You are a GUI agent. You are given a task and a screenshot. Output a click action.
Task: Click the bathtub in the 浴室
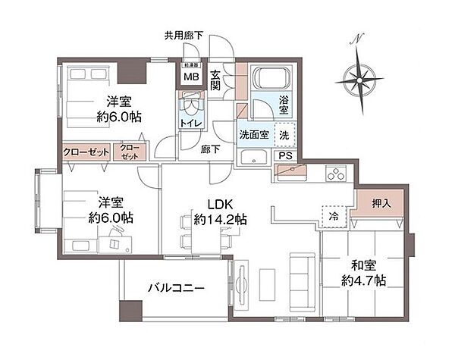coord(269,79)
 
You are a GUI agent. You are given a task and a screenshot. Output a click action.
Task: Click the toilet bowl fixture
coord(190,102)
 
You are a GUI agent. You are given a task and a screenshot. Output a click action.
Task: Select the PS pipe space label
coord(285,156)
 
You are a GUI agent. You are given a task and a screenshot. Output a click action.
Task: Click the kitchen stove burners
coord(334,174)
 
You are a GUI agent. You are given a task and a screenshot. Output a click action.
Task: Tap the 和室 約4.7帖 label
coord(368,272)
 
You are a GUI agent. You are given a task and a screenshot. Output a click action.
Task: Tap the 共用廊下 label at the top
coord(183,35)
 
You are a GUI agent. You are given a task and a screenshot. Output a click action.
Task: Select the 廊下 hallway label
coord(210,149)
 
